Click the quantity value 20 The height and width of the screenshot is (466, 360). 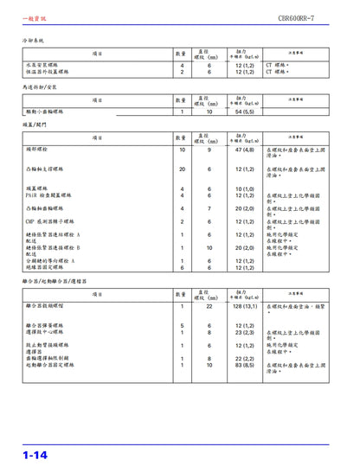(182, 169)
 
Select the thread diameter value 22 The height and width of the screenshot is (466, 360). (209, 306)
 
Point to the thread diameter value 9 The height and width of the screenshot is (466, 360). (209, 150)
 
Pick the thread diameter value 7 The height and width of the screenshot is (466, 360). (209, 208)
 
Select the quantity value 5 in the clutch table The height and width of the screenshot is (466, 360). (182, 325)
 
